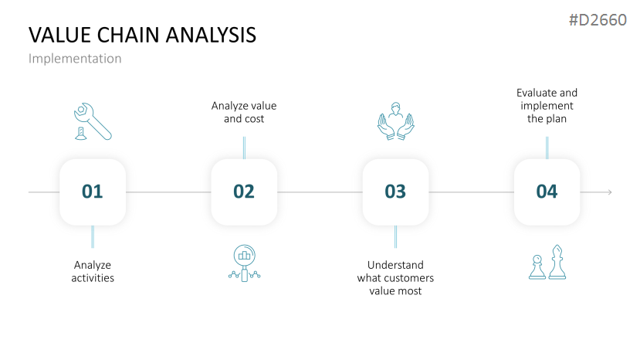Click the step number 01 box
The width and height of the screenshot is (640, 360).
(x=93, y=192)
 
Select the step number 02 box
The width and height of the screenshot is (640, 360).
(x=244, y=192)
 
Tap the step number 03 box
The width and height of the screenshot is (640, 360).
(x=395, y=192)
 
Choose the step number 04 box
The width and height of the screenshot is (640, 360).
(x=547, y=192)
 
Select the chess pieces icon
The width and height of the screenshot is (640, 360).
(x=547, y=263)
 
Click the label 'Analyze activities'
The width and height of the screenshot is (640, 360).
(x=93, y=271)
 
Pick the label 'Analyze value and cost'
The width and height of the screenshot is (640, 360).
(x=244, y=112)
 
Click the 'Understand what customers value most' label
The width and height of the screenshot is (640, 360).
(x=395, y=278)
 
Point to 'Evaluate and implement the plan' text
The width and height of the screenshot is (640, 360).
(x=547, y=106)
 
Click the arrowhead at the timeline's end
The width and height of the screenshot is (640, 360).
(x=610, y=192)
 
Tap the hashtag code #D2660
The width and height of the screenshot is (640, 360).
(x=598, y=20)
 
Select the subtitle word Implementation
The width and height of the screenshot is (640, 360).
(x=75, y=59)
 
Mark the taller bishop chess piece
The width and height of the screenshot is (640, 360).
(x=557, y=262)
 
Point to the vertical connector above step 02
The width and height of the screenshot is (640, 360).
(x=244, y=148)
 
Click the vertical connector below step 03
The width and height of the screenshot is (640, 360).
(x=395, y=236)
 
